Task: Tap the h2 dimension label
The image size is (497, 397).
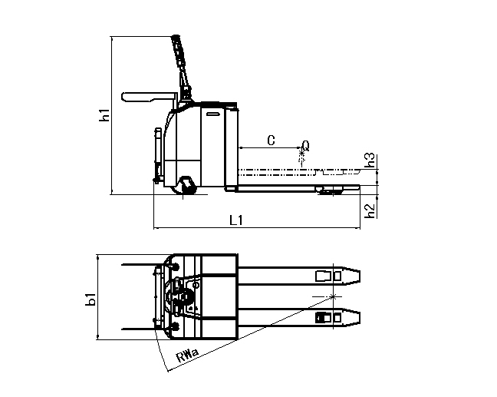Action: pyautogui.click(x=370, y=208)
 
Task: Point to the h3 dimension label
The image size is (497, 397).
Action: pyautogui.click(x=370, y=160)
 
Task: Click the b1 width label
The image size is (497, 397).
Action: pyautogui.click(x=91, y=298)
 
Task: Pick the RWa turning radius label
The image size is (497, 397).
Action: pyautogui.click(x=187, y=356)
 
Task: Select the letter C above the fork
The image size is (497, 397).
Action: pyautogui.click(x=271, y=140)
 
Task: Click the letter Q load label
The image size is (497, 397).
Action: pyautogui.click(x=306, y=144)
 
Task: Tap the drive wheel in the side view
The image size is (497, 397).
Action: pyautogui.click(x=186, y=185)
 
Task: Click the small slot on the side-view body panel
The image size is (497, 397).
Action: pyautogui.click(x=212, y=115)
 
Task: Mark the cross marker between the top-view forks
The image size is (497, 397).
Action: pyautogui.click(x=333, y=296)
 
